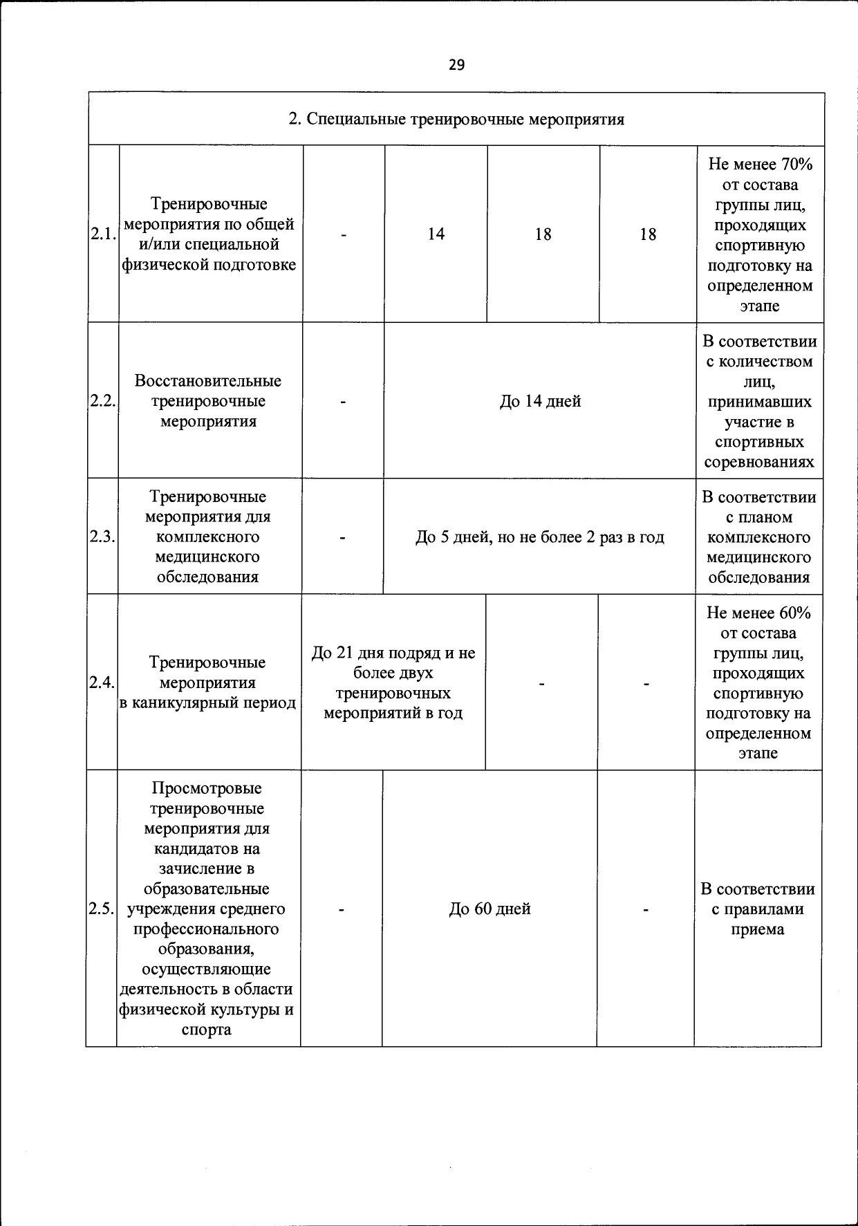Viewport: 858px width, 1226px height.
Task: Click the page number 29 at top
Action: point(456,65)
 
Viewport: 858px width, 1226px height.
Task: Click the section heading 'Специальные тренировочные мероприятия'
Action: point(456,120)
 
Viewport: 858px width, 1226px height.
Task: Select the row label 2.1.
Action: point(103,234)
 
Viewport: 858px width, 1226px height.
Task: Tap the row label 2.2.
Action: point(102,401)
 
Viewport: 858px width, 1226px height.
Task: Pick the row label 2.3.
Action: point(102,537)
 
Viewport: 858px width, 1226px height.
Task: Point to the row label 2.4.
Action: point(102,682)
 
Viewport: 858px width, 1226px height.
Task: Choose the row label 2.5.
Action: point(101,909)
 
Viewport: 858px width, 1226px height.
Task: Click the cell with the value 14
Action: point(436,234)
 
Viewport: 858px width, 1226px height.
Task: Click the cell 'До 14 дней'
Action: point(540,401)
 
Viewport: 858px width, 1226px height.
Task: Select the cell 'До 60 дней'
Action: point(489,909)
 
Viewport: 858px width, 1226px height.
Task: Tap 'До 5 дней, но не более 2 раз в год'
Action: point(539,537)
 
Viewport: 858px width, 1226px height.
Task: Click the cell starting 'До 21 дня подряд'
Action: point(393,682)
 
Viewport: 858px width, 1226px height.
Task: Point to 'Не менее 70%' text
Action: point(760,165)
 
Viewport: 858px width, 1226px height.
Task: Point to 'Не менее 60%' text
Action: point(758,613)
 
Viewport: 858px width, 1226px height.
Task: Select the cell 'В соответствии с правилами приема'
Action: point(758,909)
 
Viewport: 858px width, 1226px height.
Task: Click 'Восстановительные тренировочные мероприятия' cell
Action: point(208,401)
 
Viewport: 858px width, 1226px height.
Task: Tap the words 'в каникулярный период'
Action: point(207,703)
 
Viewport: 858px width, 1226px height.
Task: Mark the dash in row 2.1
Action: point(343,234)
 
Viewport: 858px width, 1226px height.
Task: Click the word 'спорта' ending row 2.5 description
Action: point(207,1030)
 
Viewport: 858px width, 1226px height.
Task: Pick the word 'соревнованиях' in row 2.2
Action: point(759,462)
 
